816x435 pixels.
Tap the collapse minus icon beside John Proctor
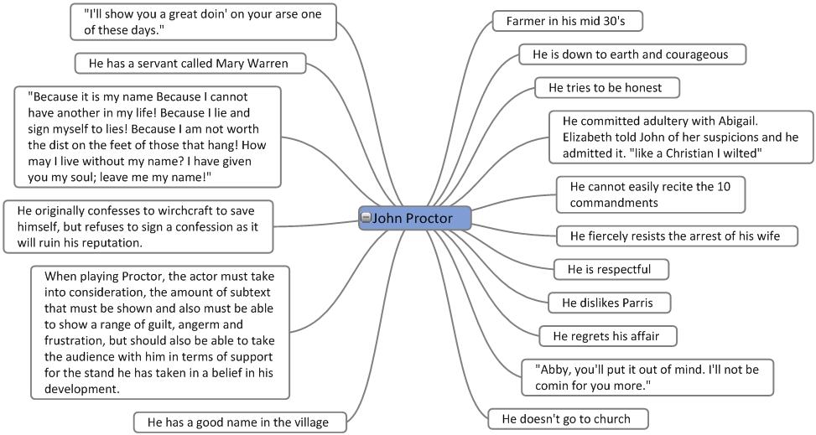(366, 218)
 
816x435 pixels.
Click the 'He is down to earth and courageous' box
(631, 54)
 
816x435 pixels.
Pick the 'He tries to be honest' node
(606, 87)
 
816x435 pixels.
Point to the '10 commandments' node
(650, 194)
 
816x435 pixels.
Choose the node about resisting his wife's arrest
(673, 236)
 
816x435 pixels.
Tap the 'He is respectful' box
(611, 269)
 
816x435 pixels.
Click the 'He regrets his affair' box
(606, 336)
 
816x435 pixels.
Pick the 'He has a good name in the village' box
(238, 422)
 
